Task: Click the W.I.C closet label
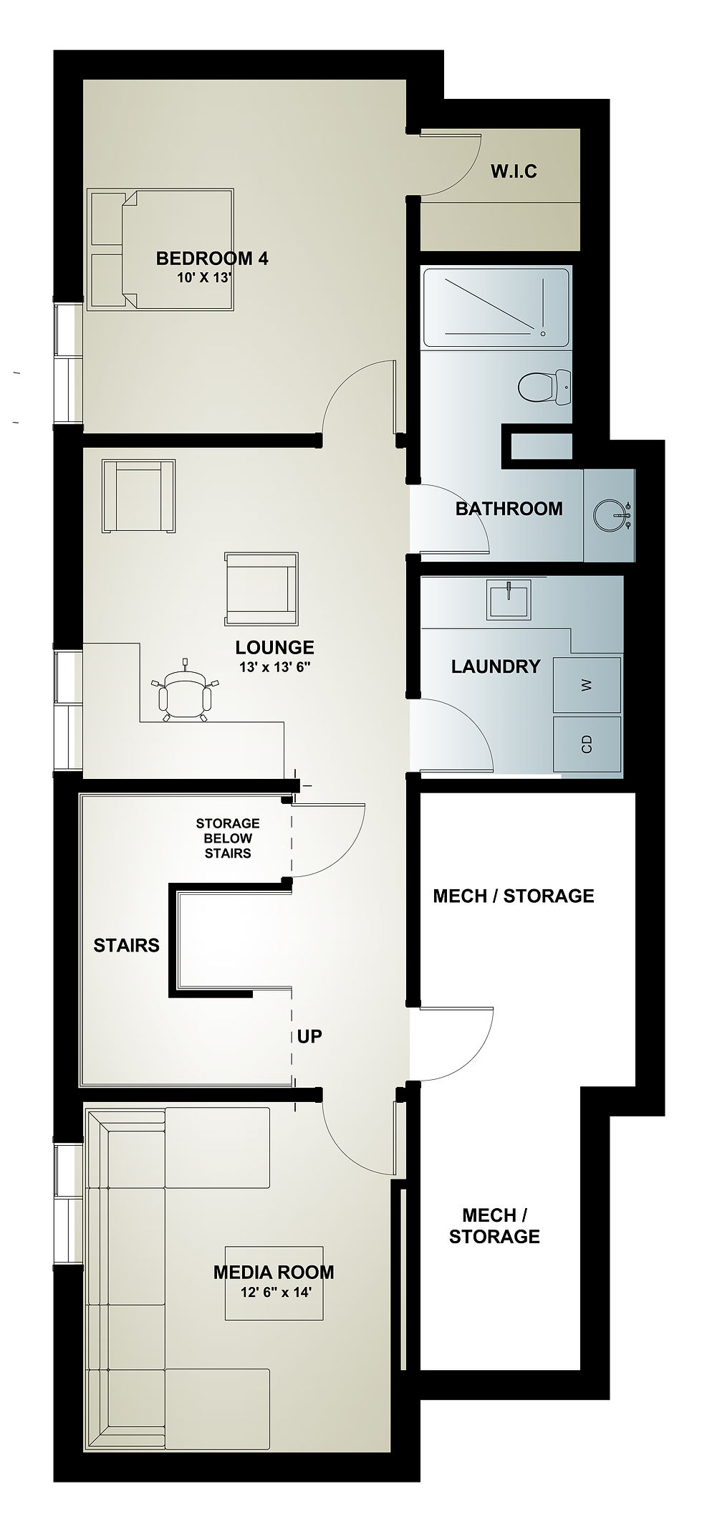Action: (514, 171)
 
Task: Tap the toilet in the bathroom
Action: (544, 388)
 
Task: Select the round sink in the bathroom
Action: (611, 514)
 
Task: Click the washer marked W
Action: (587, 685)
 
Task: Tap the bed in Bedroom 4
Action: (161, 250)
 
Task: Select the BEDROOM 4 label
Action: (212, 258)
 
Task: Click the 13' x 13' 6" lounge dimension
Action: (275, 666)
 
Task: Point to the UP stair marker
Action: (309, 1036)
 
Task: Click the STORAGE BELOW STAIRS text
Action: (228, 838)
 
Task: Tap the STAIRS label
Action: (126, 945)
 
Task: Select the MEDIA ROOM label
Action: (274, 1272)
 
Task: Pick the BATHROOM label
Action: (509, 509)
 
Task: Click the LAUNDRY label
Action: (496, 666)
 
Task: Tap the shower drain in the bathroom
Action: (544, 333)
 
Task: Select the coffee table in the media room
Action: (274, 1283)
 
